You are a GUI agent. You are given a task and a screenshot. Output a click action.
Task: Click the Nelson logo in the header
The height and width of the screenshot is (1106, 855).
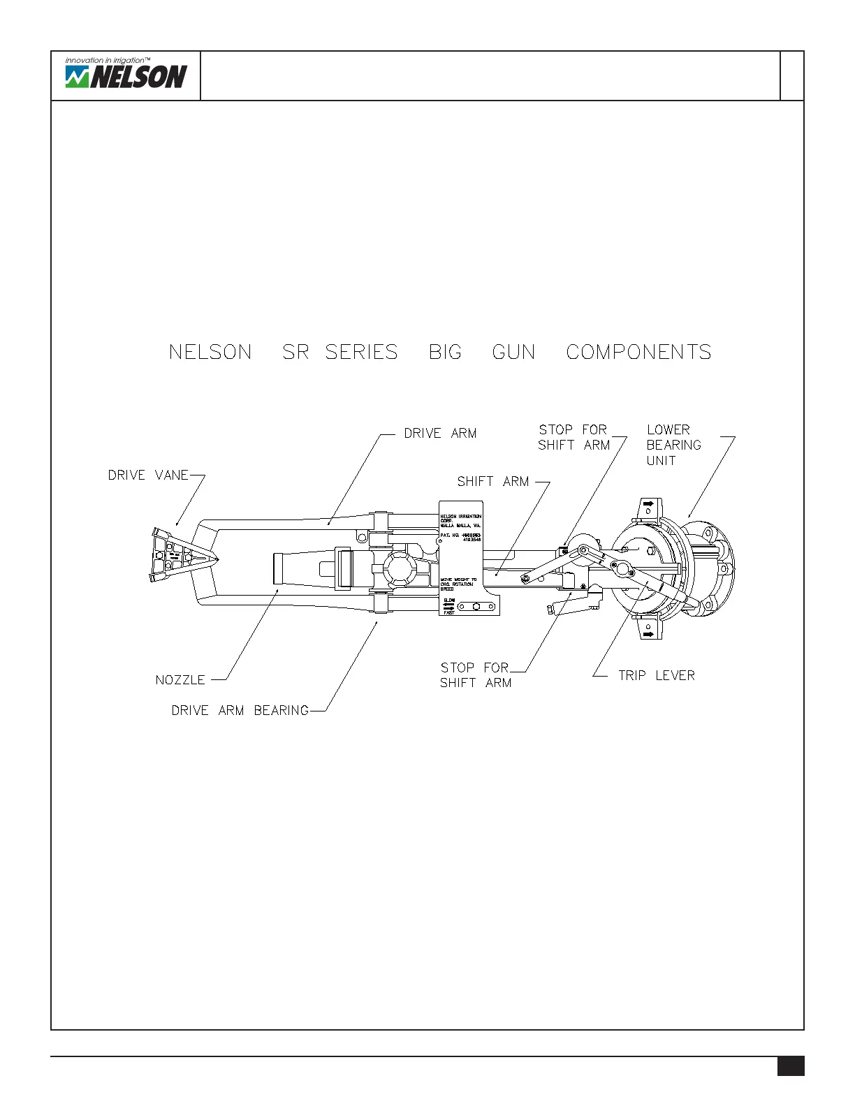[x=126, y=76]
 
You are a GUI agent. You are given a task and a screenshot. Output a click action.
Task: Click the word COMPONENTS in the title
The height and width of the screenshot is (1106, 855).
[x=638, y=352]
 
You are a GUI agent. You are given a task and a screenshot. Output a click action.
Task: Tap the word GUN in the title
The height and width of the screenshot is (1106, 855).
[x=513, y=352]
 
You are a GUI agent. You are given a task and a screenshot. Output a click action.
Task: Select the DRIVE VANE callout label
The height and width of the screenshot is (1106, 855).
[x=148, y=475]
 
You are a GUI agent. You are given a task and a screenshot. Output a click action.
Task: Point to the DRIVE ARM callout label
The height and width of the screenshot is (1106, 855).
[x=440, y=434]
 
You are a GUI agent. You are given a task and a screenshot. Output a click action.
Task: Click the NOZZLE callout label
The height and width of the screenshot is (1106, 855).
[x=180, y=680]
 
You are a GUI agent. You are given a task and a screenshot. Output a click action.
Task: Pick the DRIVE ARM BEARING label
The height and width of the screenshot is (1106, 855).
[x=240, y=711]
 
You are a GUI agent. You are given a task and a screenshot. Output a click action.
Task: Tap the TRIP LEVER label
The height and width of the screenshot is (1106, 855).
[x=656, y=676]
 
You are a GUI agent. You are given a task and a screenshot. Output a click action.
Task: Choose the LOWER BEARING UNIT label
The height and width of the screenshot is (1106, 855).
[x=673, y=445]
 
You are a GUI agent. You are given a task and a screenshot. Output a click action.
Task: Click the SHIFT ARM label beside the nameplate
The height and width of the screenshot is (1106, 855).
[x=493, y=482]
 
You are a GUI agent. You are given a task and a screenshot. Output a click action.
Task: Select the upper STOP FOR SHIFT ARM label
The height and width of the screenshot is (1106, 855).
[x=573, y=438]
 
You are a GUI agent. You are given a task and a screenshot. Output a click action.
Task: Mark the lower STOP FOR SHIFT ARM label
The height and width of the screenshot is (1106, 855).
[x=476, y=675]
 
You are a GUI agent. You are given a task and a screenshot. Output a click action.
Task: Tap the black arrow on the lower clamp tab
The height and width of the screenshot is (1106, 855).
[x=648, y=634]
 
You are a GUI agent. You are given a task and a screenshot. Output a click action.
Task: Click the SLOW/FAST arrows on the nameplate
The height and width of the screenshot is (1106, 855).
[x=448, y=606]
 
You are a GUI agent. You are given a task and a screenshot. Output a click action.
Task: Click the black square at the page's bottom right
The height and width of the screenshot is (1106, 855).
[x=791, y=1066]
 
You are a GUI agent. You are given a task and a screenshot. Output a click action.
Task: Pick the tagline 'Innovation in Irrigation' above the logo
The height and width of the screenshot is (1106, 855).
[x=108, y=61]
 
